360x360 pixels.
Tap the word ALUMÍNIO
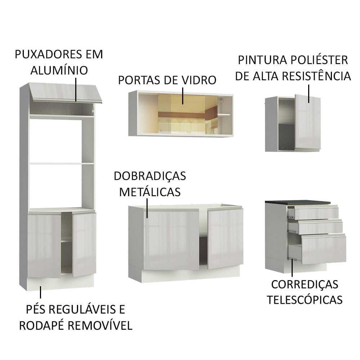(59, 70)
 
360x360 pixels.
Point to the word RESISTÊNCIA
(315, 76)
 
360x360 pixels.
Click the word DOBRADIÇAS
(150, 176)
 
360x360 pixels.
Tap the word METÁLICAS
(150, 192)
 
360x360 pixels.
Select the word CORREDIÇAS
(305, 284)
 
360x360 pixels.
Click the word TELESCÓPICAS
(305, 300)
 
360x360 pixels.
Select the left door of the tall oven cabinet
(44, 246)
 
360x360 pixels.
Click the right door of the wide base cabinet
(226, 238)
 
